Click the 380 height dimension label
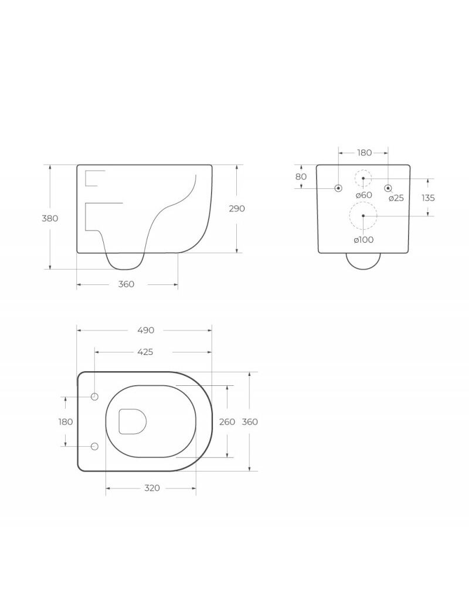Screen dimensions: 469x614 click(x=50, y=219)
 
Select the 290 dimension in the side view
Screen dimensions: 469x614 click(x=237, y=209)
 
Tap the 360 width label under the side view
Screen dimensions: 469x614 click(x=126, y=284)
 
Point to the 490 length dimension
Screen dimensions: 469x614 click(x=145, y=331)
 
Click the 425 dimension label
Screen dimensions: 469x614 click(x=145, y=352)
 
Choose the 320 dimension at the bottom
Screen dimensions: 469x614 click(x=152, y=488)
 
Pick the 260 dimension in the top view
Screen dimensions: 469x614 click(x=227, y=422)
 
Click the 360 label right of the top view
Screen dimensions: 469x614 click(x=250, y=422)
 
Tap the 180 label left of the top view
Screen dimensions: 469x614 click(x=66, y=422)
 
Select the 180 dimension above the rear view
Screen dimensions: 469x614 click(x=364, y=152)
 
